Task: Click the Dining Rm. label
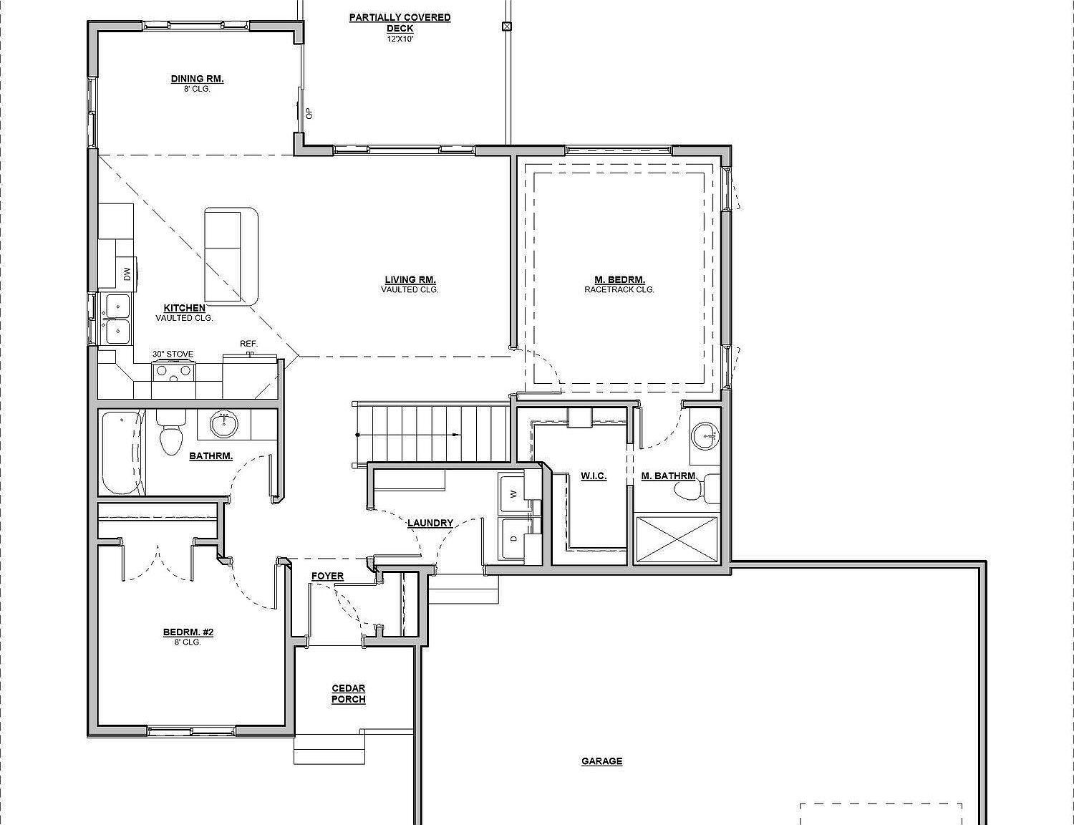pyautogui.click(x=197, y=79)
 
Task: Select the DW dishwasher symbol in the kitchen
pyautogui.click(x=127, y=274)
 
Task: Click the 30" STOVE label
pyautogui.click(x=173, y=354)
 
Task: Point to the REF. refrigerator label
pyautogui.click(x=248, y=344)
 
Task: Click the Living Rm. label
pyautogui.click(x=410, y=280)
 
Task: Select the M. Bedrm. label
pyautogui.click(x=619, y=280)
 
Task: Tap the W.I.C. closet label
pyautogui.click(x=594, y=476)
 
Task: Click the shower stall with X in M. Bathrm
pyautogui.click(x=676, y=539)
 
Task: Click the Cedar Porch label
pyautogui.click(x=349, y=694)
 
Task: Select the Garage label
pyautogui.click(x=601, y=761)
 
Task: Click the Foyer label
pyautogui.click(x=327, y=576)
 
